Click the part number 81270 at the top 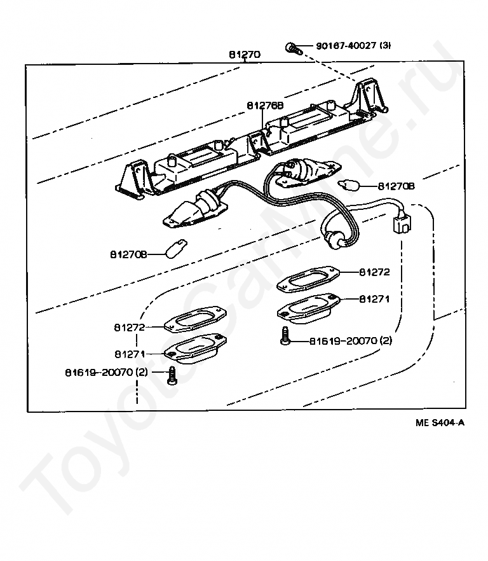(x=245, y=55)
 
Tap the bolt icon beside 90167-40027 (x=292, y=46)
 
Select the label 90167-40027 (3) (x=354, y=46)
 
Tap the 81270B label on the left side (x=128, y=254)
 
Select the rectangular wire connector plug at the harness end (x=401, y=225)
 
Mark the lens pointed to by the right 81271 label (x=308, y=307)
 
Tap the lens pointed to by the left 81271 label (x=194, y=347)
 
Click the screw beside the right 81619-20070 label (x=285, y=335)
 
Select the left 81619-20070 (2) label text (x=105, y=371)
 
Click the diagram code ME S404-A (x=440, y=422)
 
